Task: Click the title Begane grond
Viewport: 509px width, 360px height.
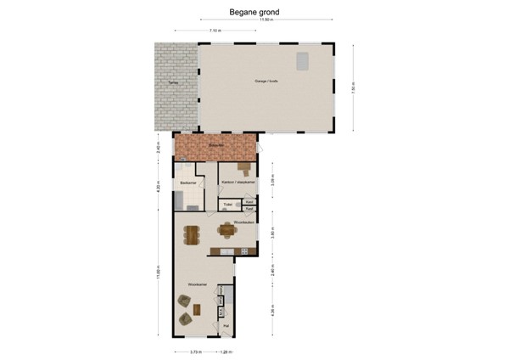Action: pos(254,13)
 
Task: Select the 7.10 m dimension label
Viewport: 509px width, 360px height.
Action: pos(215,31)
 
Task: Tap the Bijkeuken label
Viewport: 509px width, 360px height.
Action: pos(215,145)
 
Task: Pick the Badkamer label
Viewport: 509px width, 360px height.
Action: pos(188,182)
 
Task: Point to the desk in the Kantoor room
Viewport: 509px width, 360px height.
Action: pos(244,167)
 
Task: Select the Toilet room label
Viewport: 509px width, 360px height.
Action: pos(227,205)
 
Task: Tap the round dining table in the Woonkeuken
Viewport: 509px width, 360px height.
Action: pos(227,228)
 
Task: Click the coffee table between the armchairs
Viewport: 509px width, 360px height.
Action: pos(197,309)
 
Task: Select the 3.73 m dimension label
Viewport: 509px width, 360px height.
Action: pos(194,351)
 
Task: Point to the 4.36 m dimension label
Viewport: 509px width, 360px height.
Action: pos(271,311)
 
